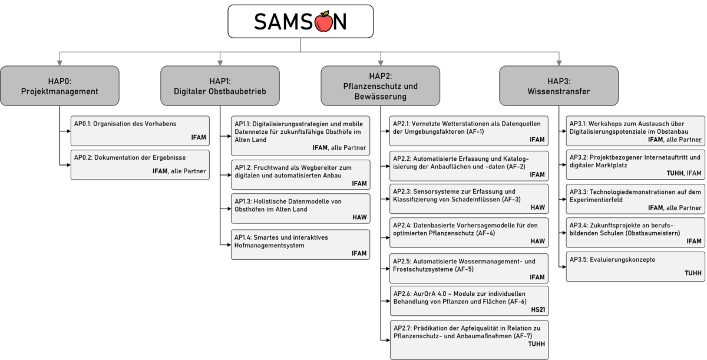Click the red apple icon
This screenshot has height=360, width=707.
(323, 21)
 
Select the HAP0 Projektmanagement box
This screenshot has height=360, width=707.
(60, 86)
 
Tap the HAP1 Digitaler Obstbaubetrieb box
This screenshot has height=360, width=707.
(220, 86)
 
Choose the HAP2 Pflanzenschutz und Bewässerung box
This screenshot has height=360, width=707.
(381, 86)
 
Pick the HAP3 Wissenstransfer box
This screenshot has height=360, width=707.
(559, 86)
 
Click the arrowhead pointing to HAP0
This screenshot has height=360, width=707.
(60, 62)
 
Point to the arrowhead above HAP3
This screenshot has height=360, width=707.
(559, 62)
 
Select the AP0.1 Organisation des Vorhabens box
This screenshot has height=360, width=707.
(140, 131)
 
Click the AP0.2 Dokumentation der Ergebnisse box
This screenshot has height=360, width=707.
(140, 164)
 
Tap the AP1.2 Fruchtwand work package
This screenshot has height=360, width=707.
(300, 175)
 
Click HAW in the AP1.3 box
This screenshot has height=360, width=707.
(359, 217)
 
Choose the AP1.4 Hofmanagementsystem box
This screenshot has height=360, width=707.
(300, 245)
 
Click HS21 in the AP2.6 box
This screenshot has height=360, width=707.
(537, 310)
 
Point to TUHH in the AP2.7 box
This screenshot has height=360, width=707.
(536, 344)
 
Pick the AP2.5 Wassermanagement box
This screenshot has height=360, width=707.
(469, 269)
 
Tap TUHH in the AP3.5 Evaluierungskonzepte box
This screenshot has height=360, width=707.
(693, 273)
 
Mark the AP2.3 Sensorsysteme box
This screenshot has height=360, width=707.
(469, 199)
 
